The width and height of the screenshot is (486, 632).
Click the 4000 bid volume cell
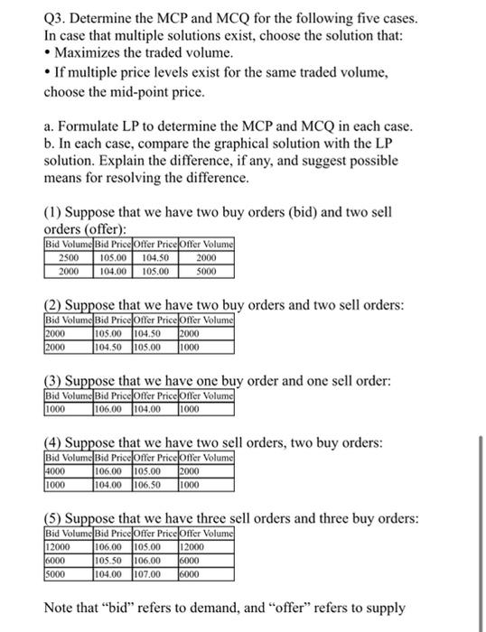click(x=59, y=469)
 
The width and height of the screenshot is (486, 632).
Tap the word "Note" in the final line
click(x=61, y=609)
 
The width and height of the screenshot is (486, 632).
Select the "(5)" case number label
click(x=55, y=519)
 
